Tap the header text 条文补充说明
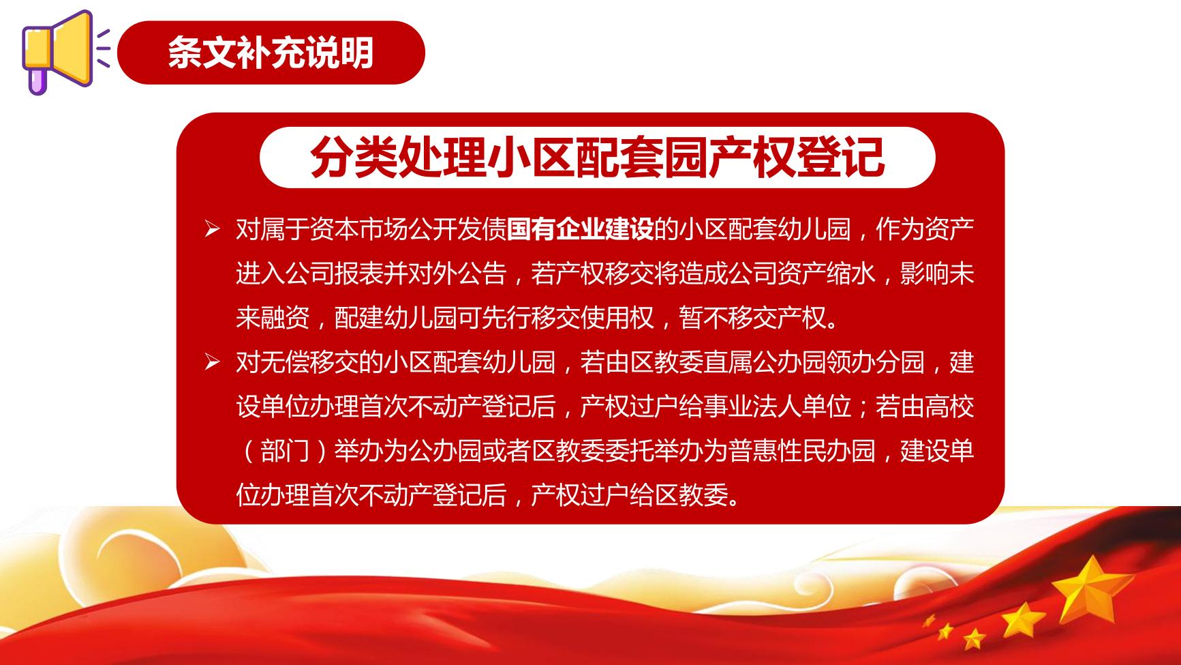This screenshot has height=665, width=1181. click(x=271, y=53)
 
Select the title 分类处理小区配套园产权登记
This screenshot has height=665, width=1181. click(x=597, y=157)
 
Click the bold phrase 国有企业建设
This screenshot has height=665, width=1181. click(x=580, y=230)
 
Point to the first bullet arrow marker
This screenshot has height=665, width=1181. click(x=212, y=230)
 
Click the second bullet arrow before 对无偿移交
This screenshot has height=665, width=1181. click(x=212, y=362)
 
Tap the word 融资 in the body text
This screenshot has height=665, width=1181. click(x=285, y=318)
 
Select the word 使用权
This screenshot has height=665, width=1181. click(x=617, y=318)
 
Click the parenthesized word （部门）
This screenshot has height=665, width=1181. click(x=285, y=451)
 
